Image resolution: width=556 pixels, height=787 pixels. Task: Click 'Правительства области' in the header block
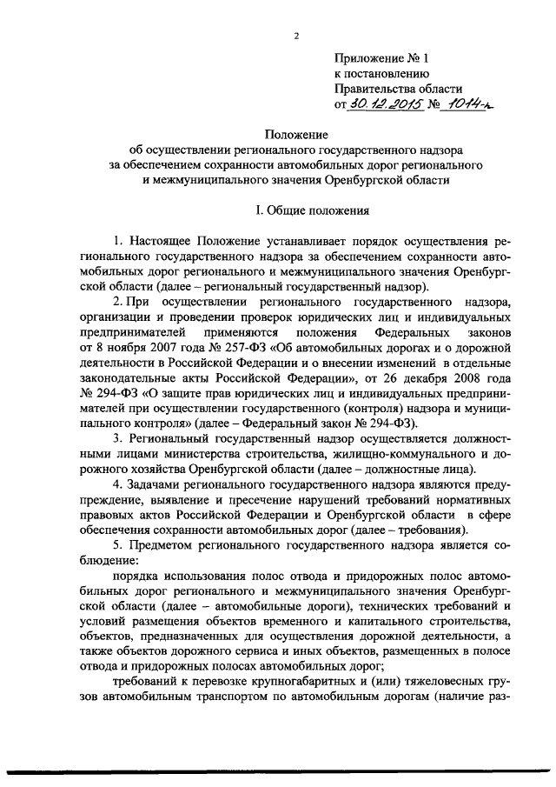tap(399, 88)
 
